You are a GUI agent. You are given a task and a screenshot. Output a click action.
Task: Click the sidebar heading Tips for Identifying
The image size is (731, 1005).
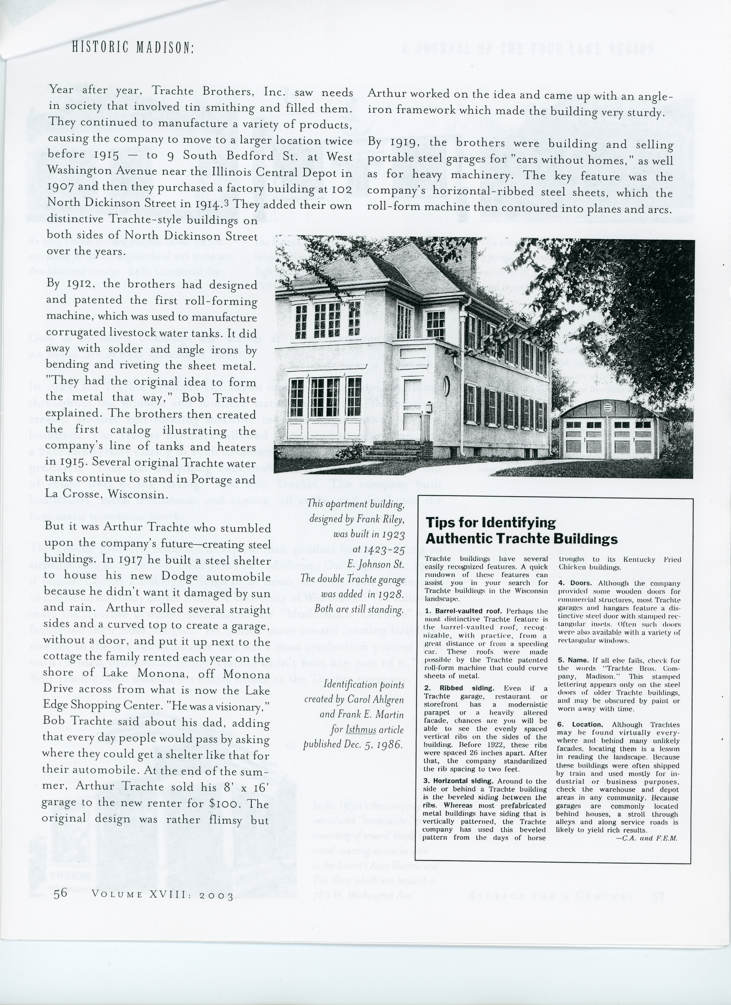point(491,523)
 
